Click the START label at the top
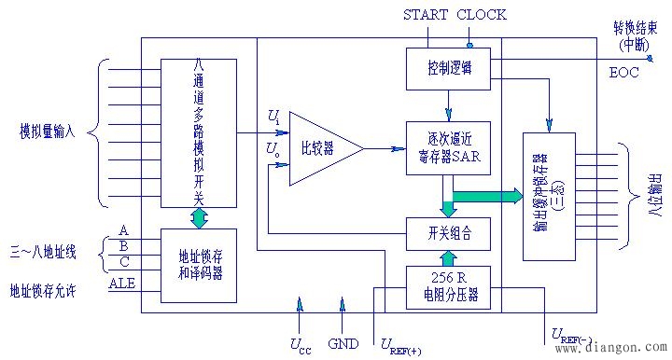[x=427, y=14]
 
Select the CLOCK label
[x=482, y=14]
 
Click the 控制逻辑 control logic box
[x=448, y=68]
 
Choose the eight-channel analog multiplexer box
[x=198, y=132]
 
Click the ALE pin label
[x=122, y=283]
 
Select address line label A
[x=123, y=230]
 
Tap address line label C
[x=123, y=262]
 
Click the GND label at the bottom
[x=343, y=342]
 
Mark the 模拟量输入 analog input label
[x=54, y=129]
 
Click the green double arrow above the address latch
[x=199, y=217]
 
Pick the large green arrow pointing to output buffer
[x=485, y=196]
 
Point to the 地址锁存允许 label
[x=41, y=291]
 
